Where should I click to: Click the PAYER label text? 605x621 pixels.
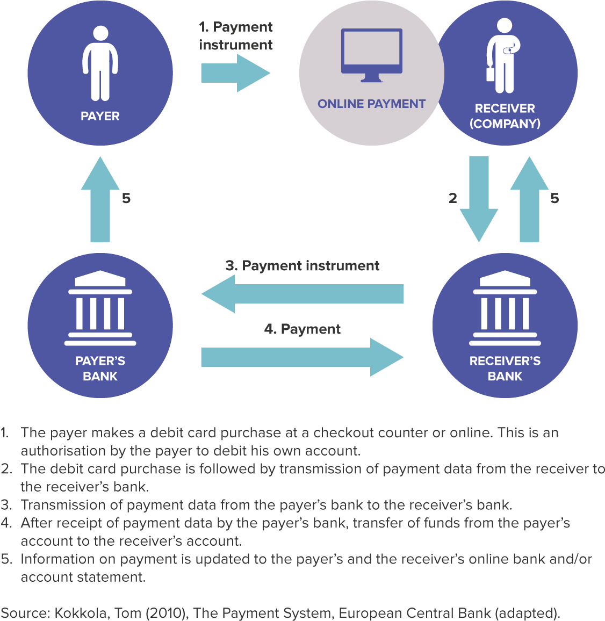[100, 116]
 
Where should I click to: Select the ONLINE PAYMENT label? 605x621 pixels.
[371, 104]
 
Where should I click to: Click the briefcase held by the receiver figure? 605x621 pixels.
[490, 73]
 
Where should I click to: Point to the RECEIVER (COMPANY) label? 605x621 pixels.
[505, 115]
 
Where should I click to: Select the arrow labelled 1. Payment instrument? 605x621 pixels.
[235, 73]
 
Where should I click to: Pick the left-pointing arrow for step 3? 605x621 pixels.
[302, 294]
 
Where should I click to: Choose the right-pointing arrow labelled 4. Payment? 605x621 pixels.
[302, 357]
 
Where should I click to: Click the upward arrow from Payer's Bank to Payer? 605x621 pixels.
[100, 199]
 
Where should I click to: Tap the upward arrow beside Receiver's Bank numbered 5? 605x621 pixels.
[529, 199]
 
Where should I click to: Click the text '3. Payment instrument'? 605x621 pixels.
[302, 266]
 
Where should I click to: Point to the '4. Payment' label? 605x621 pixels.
[302, 329]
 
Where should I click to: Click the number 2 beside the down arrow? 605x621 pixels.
[452, 198]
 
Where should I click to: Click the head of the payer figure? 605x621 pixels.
[100, 33]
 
